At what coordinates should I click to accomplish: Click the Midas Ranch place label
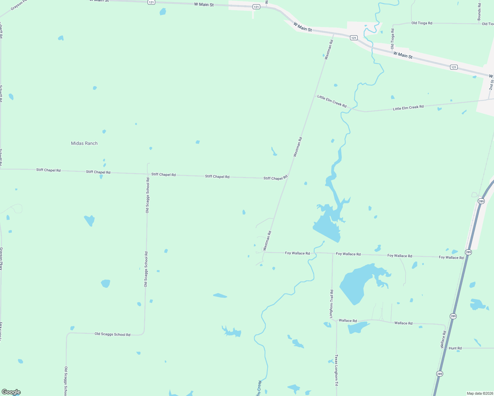[x=84, y=143]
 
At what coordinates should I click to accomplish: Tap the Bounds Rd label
[x=479, y=12]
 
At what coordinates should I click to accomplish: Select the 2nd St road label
[x=491, y=85]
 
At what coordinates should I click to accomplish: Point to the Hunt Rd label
[x=455, y=348]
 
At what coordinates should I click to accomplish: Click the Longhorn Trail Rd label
[x=332, y=304]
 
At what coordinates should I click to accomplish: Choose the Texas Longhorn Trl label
[x=336, y=370]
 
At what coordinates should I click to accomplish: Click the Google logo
[x=11, y=392]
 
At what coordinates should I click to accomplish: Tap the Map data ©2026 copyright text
[x=479, y=393]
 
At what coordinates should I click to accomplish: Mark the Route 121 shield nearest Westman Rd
[x=354, y=38]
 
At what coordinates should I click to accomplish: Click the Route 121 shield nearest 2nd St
[x=454, y=67]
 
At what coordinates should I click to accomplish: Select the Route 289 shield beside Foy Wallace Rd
[x=469, y=252]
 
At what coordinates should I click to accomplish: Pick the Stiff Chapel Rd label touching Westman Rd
[x=275, y=178]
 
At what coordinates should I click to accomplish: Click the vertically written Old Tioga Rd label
[x=393, y=39]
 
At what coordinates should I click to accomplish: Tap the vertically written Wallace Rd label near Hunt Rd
[x=443, y=340]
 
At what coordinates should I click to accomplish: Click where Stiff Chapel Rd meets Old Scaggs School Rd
[x=148, y=174]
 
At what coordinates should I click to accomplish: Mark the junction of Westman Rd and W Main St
[x=334, y=34]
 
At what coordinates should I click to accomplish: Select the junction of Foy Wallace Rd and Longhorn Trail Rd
[x=333, y=253]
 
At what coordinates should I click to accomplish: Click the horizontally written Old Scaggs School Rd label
[x=112, y=334]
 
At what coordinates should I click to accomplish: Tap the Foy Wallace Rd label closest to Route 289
[x=451, y=257]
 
